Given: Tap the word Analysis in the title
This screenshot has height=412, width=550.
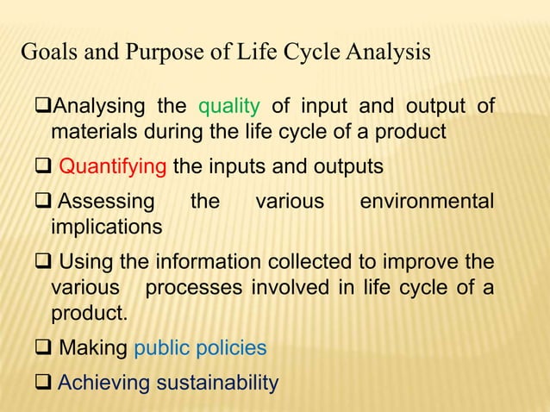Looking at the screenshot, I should (388, 53).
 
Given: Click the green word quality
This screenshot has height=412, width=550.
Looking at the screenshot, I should (229, 107).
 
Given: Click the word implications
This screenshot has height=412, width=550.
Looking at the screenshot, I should (106, 228).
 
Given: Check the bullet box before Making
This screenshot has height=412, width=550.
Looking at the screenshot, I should (42, 348).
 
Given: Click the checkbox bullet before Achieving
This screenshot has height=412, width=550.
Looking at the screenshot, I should (42, 382).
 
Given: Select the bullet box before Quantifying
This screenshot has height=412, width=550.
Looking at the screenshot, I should (42, 166).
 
